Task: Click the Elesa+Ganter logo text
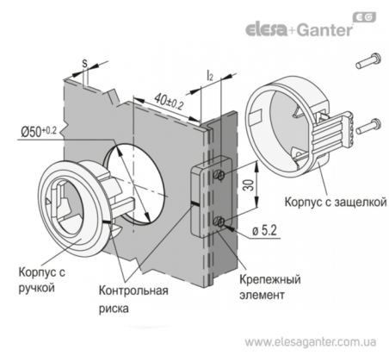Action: pos(299,29)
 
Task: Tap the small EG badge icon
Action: pos(364,17)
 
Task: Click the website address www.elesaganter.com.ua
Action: pos(310,342)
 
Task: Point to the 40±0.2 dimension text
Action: pos(169,102)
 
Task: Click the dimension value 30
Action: pos(247,184)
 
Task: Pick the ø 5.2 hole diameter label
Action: pos(264,230)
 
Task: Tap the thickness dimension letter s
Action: pos(84,64)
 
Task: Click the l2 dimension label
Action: pos(210,76)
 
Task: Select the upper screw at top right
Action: pos(368,60)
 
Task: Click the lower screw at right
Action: pos(368,127)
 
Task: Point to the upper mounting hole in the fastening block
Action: pos(219,174)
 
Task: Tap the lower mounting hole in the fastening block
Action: pos(220,222)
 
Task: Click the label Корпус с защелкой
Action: pos(335,202)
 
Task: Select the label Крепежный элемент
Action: pos(270,287)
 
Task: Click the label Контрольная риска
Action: pos(133,299)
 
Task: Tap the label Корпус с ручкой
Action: pos(42,279)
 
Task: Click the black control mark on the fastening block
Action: pos(194,203)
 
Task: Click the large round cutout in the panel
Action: pos(135,184)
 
